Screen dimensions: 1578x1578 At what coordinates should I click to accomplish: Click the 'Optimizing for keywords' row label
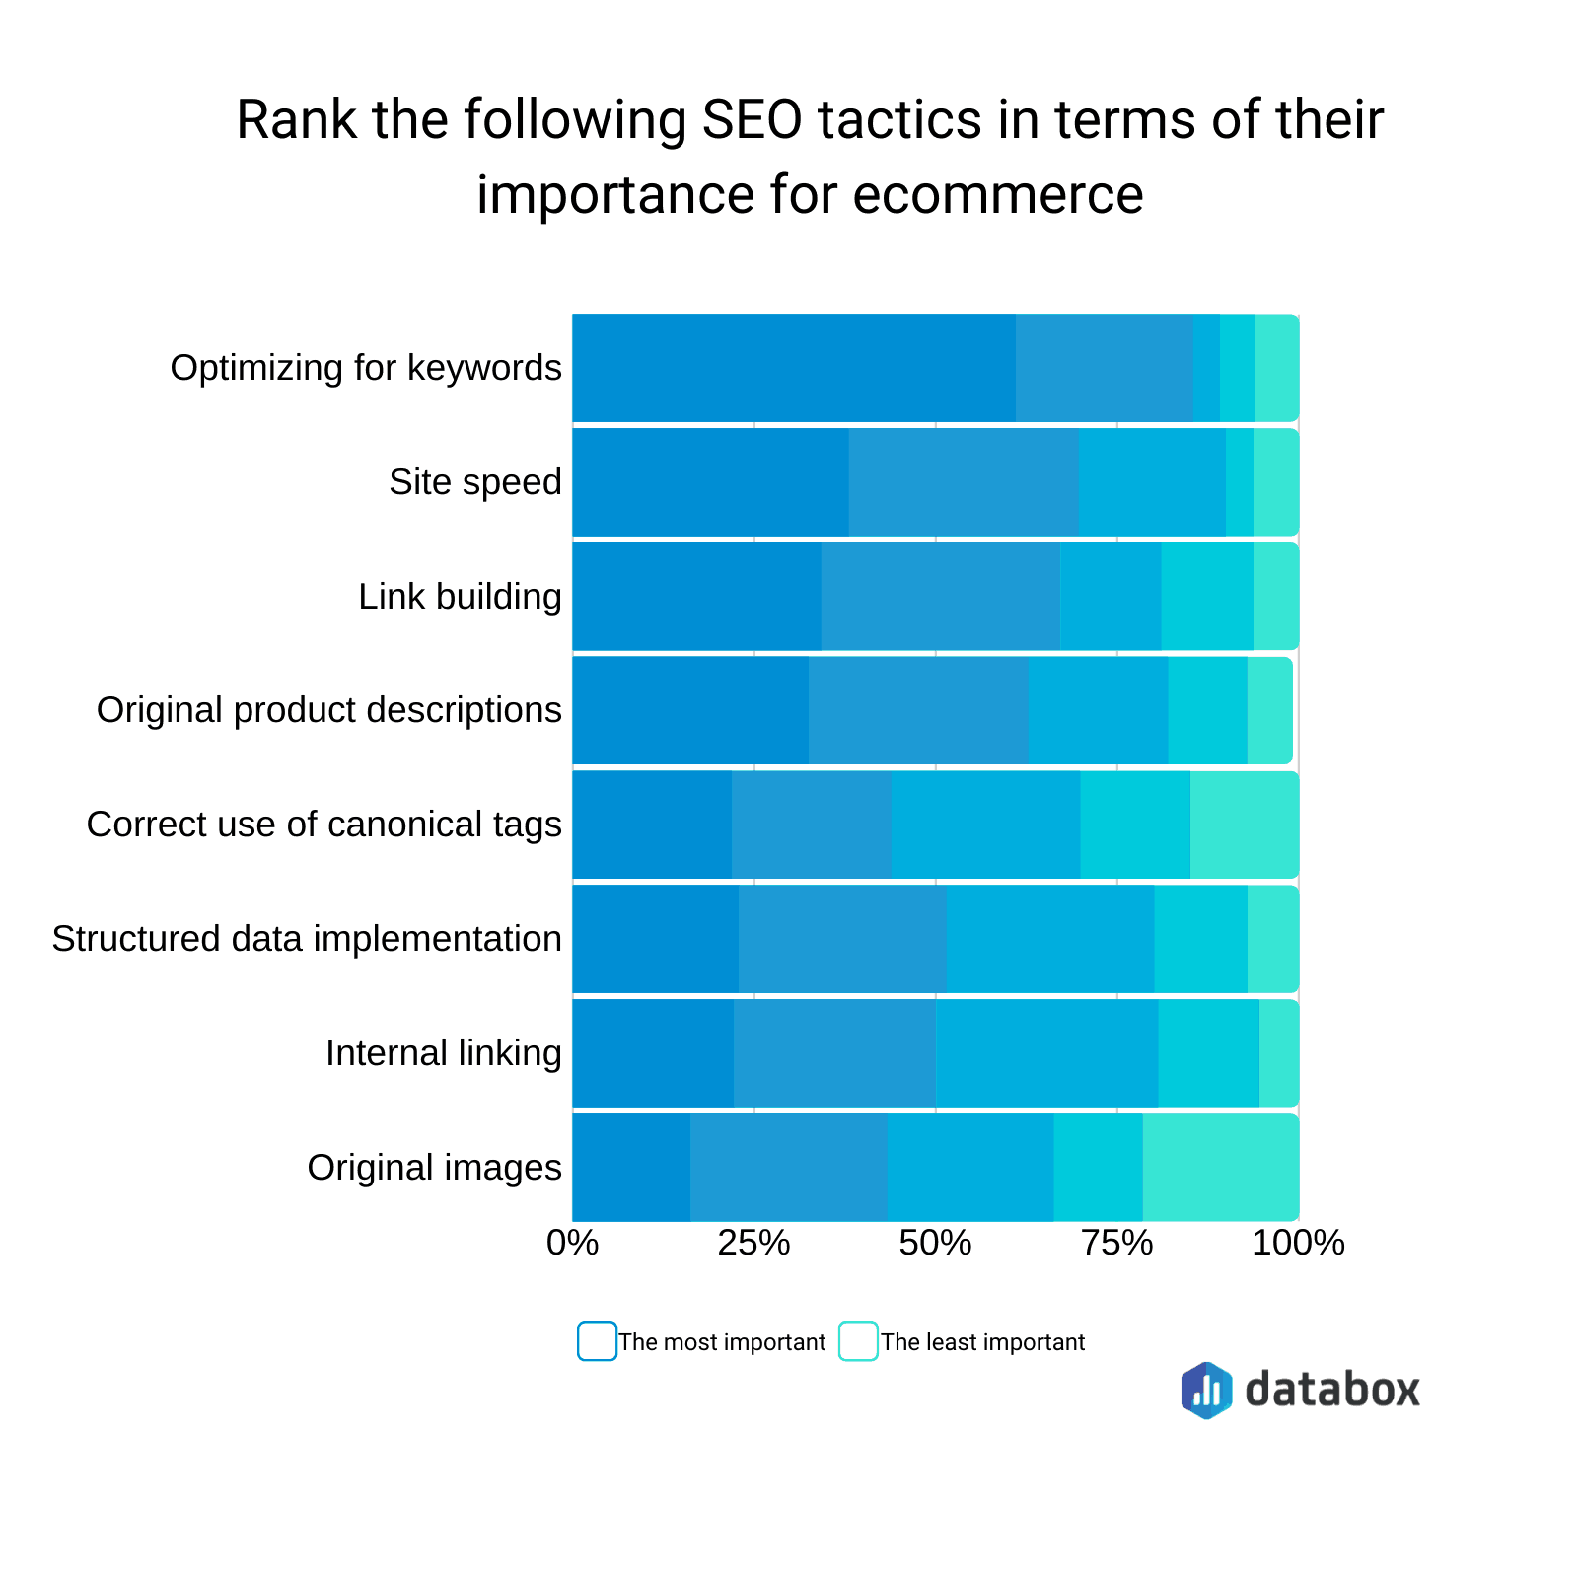click(x=366, y=368)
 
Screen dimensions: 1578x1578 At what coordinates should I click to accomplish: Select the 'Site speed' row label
click(x=474, y=482)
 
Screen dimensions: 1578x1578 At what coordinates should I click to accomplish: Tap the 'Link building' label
click(x=460, y=597)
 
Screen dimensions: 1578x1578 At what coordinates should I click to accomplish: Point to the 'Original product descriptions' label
click(x=328, y=710)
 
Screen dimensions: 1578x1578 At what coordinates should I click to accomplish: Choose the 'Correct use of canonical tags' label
click(x=323, y=825)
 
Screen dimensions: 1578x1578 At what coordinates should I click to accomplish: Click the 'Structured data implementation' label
click(x=307, y=939)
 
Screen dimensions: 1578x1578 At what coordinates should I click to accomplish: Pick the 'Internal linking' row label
click(x=443, y=1053)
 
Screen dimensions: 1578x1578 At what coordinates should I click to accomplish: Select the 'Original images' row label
click(x=434, y=1168)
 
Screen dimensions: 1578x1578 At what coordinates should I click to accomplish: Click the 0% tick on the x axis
click(x=573, y=1243)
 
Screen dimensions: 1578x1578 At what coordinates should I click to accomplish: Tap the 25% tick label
click(x=754, y=1243)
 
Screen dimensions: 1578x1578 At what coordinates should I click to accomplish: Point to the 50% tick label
click(x=936, y=1243)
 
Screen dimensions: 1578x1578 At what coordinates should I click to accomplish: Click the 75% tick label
click(x=1117, y=1243)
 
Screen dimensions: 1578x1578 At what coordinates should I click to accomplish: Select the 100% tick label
click(x=1298, y=1243)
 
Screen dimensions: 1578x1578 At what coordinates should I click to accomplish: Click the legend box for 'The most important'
click(x=597, y=1341)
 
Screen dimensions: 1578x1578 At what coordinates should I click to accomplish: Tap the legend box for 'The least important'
click(x=858, y=1341)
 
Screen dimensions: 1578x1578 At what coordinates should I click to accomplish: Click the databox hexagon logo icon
click(x=1206, y=1390)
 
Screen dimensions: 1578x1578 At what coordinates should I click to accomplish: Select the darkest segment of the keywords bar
click(x=794, y=368)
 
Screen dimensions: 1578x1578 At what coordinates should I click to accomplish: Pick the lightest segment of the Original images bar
click(x=1220, y=1168)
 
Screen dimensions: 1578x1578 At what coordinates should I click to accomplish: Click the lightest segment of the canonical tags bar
click(x=1244, y=825)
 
